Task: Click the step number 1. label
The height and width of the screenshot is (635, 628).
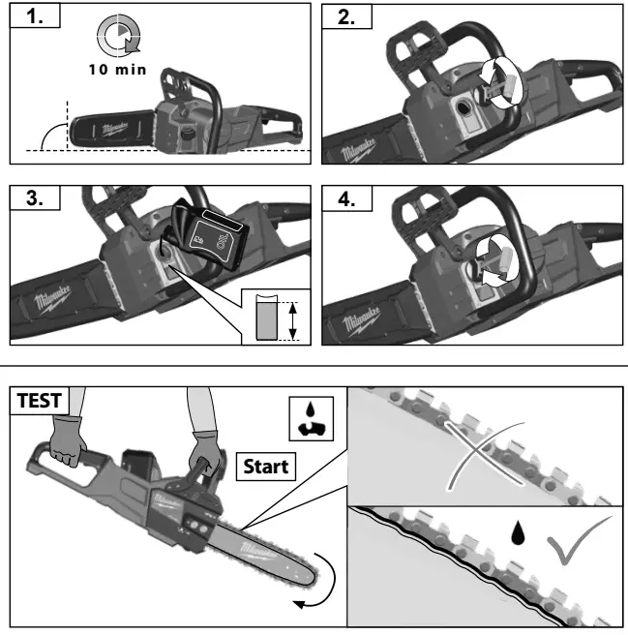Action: pos(33,17)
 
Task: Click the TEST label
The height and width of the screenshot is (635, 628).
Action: pos(34,399)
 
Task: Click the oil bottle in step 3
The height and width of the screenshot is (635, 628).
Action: pos(209,233)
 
